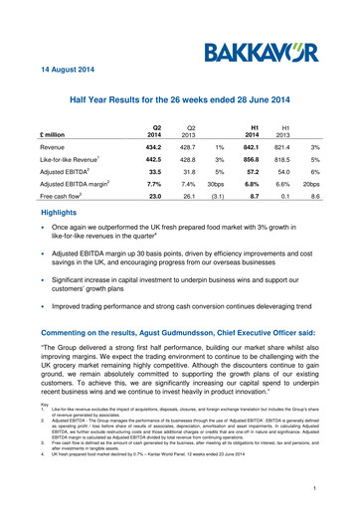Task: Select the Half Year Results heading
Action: pos(179,102)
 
